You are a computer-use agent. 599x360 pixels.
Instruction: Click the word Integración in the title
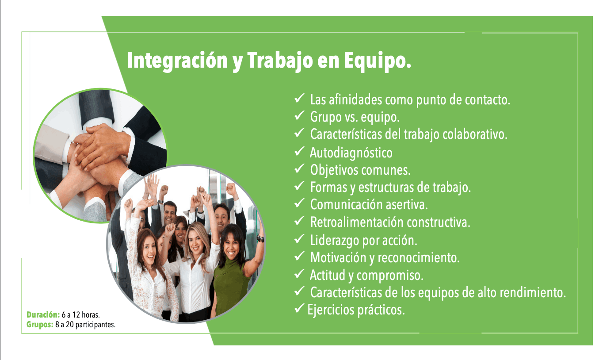tap(177, 61)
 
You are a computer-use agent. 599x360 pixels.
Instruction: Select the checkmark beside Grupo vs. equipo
tap(299, 115)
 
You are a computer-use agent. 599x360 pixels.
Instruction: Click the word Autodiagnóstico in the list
tap(351, 153)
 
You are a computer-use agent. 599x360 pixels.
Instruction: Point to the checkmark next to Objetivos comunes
tap(299, 169)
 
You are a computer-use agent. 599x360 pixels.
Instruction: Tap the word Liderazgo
tap(335, 240)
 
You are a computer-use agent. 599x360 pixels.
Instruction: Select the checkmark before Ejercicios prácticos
tap(299, 308)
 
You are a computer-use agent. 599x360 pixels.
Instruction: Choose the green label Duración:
tap(43, 314)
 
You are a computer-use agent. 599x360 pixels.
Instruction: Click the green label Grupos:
tap(40, 325)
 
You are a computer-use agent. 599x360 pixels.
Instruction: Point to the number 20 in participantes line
tap(69, 325)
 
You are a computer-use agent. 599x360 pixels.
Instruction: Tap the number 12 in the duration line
tap(76, 314)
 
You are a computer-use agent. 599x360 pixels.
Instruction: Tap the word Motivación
tap(338, 257)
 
